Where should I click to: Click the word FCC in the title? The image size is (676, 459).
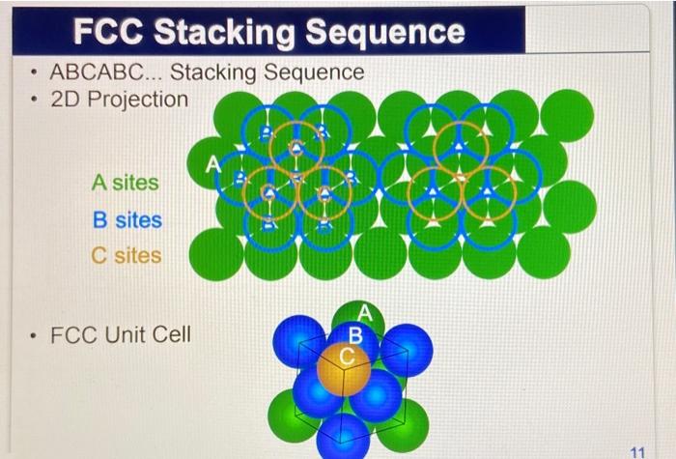click(114, 33)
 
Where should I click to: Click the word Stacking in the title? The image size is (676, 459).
click(228, 33)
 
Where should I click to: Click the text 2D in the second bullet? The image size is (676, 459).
click(66, 99)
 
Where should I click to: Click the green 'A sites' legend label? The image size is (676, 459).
click(126, 182)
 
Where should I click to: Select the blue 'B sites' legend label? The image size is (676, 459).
click(127, 219)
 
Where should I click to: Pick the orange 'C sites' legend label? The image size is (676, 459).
click(127, 256)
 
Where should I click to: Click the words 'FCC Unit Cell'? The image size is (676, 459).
click(120, 336)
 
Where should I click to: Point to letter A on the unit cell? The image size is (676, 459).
click(364, 312)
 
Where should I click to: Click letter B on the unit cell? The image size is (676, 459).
click(354, 335)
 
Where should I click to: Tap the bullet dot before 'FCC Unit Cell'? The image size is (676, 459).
click(33, 337)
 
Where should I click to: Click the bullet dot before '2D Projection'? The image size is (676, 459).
click(33, 100)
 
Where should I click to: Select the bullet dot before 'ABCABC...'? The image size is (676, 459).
click(33, 73)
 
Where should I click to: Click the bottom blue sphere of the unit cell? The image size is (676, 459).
click(344, 435)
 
